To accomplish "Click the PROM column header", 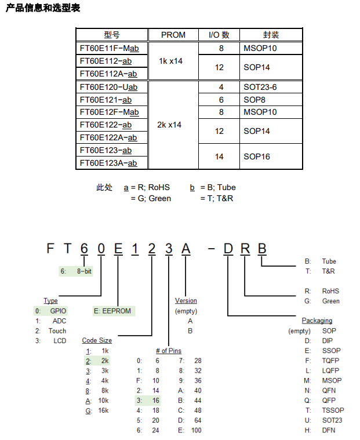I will (173, 35).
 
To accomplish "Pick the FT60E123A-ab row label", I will (108, 163).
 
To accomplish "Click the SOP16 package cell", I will (257, 157).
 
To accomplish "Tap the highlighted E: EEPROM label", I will (112, 311).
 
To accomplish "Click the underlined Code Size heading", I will (97, 340).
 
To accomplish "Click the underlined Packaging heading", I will (317, 321).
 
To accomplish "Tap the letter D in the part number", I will (228, 249).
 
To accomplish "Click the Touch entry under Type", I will (57, 331).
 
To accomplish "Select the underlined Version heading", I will (186, 301).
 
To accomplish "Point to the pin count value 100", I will (196, 430).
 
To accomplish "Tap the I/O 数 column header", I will (219, 35).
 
